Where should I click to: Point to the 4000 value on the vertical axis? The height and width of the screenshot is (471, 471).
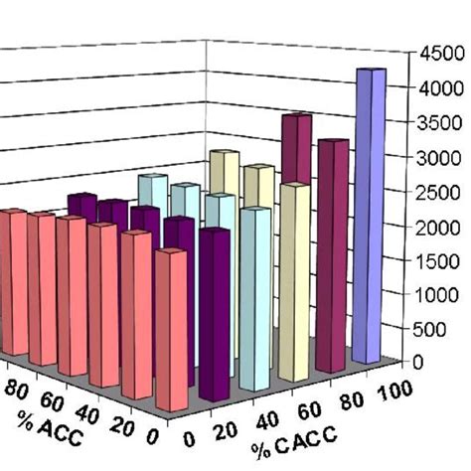[443, 86]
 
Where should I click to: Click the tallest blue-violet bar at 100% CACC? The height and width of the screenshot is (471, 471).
[370, 214]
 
